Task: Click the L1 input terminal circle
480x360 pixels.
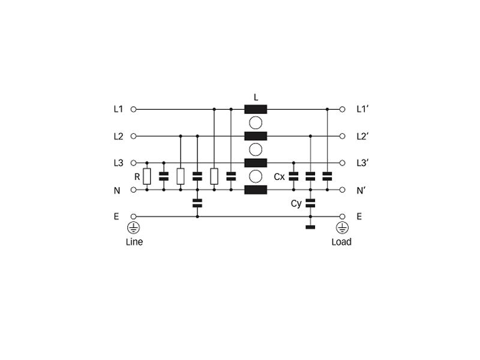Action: click(x=133, y=109)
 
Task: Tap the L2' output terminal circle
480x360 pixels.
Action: click(x=342, y=136)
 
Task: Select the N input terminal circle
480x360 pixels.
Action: click(x=133, y=190)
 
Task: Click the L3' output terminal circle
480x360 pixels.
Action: click(x=342, y=163)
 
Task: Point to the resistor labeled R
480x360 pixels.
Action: click(x=147, y=176)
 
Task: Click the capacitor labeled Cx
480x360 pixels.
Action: click(x=293, y=176)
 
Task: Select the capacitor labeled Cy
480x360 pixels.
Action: click(x=310, y=203)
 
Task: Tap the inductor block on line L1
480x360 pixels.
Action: click(x=256, y=109)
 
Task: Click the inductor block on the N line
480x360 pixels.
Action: click(x=256, y=190)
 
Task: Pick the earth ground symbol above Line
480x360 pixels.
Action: click(x=133, y=228)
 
